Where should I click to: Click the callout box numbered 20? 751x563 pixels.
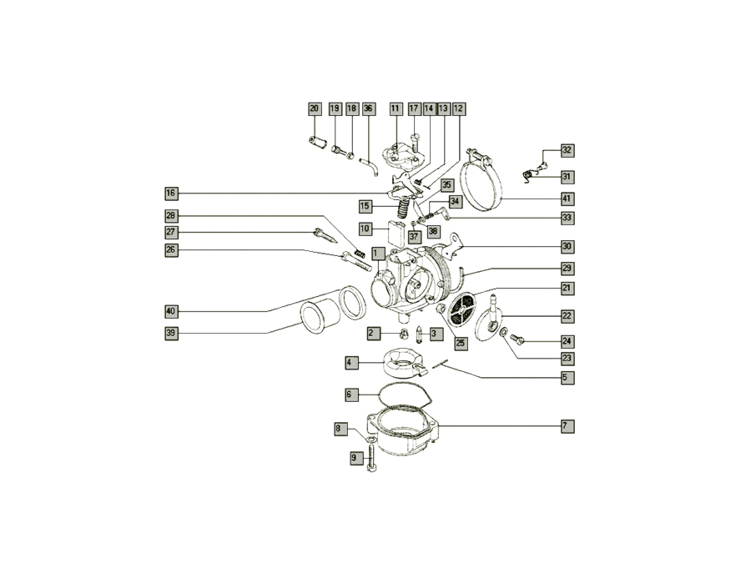(315, 108)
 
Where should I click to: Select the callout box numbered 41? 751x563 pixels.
(567, 199)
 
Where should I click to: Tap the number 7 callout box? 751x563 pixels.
(567, 425)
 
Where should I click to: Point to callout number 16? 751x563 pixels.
(171, 194)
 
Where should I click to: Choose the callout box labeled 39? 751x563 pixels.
(171, 333)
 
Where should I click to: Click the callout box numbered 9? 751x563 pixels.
(355, 458)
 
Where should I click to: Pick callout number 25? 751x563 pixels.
(461, 344)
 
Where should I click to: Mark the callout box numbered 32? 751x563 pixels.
(567, 150)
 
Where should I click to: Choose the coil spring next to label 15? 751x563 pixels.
(404, 209)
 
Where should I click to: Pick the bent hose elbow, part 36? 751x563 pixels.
(370, 167)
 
